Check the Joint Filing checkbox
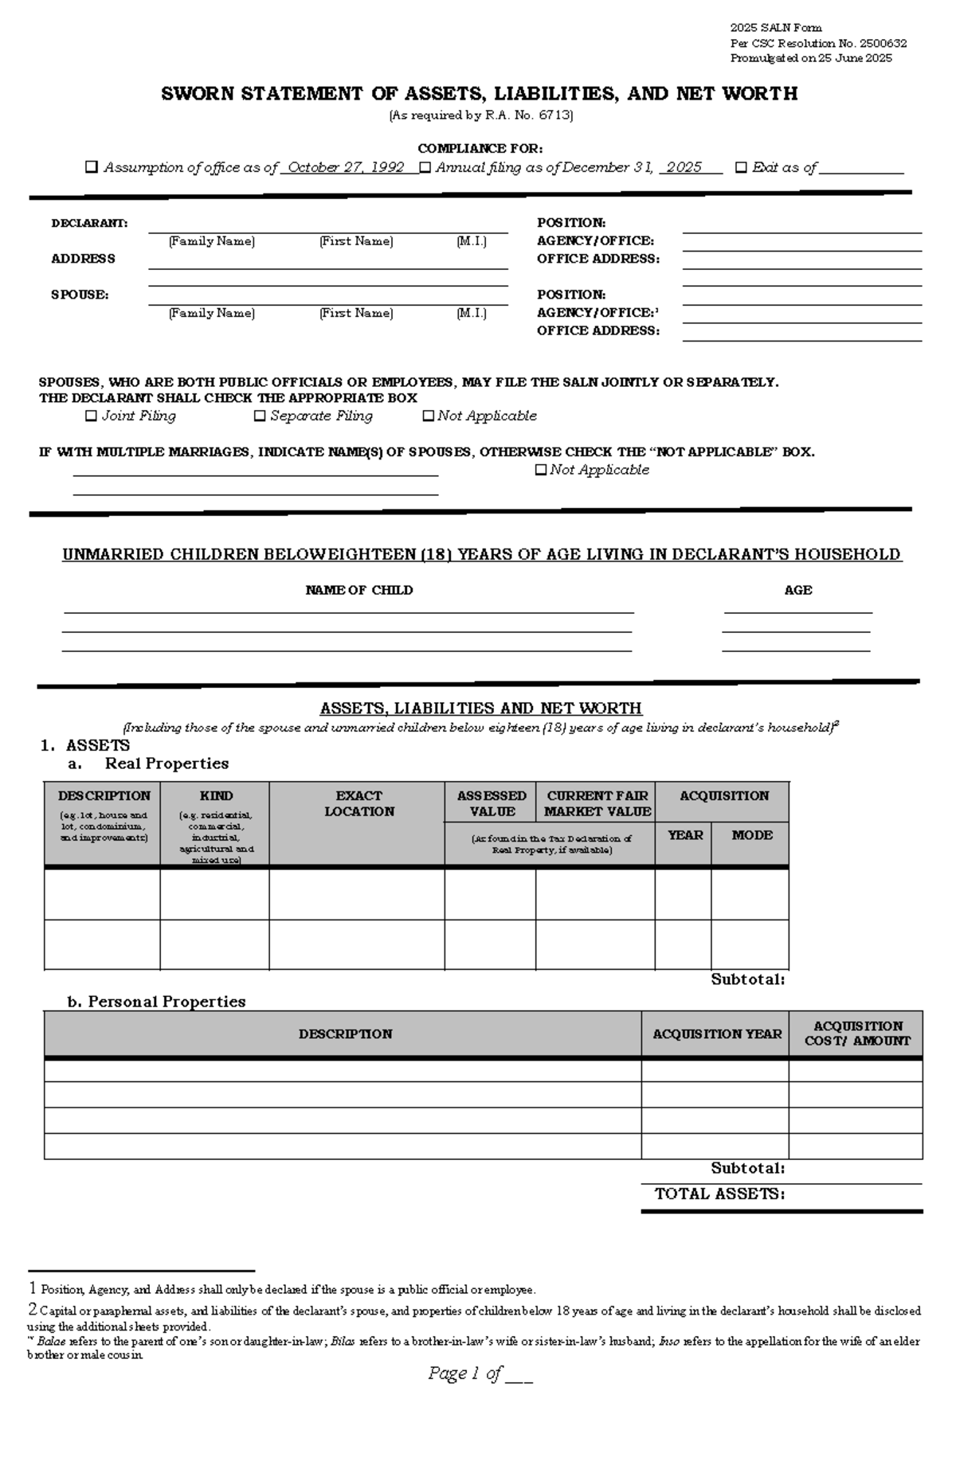(91, 416)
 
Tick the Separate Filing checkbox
(260, 416)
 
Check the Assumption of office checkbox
(92, 167)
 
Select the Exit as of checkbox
(741, 167)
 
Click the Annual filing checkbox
(425, 167)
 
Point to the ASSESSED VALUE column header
(492, 803)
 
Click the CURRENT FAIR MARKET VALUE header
(597, 803)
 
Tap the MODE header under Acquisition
(752, 835)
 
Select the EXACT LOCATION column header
(358, 803)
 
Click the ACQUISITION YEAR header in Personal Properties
(717, 1034)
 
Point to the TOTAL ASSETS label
(719, 1194)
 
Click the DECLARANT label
(89, 224)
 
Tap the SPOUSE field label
(80, 295)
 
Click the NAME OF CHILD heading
(358, 591)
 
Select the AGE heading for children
(797, 591)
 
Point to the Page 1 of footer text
(465, 1373)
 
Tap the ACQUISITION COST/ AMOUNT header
(857, 1033)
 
